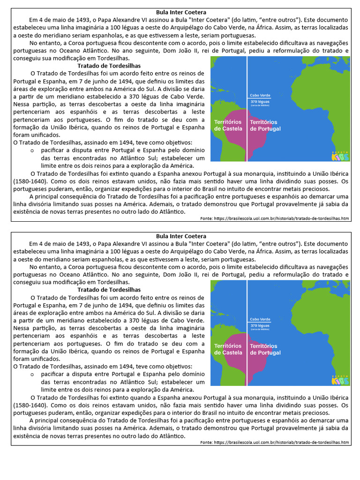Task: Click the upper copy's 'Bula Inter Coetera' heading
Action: (180, 12)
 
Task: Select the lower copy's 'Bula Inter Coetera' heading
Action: (180, 236)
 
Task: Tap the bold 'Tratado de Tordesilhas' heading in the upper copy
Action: (109, 66)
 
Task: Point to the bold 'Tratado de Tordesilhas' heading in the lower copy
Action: (109, 290)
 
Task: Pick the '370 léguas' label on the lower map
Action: (260, 325)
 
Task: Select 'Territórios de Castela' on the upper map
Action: (228, 125)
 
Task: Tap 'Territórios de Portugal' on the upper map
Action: (265, 125)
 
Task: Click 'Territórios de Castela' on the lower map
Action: (228, 349)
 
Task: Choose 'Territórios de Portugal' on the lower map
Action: (265, 349)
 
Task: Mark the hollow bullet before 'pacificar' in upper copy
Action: (32, 150)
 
